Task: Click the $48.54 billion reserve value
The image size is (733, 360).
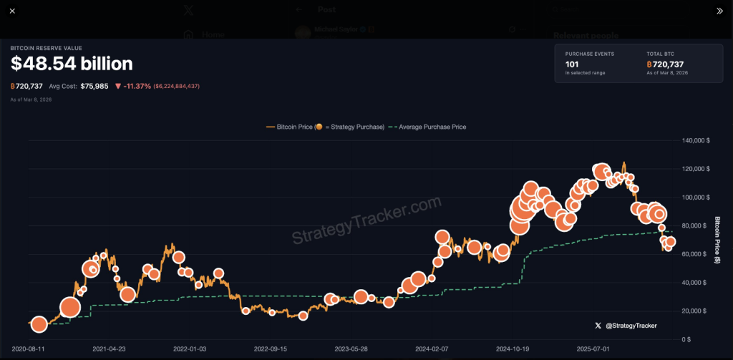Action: (x=72, y=64)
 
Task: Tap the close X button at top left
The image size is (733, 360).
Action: (x=12, y=11)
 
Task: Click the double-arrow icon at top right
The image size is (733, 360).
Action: (x=719, y=11)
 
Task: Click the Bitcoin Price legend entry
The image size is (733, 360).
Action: (x=326, y=127)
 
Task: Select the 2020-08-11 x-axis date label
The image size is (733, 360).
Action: (x=28, y=349)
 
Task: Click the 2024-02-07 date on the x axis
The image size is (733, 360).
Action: (x=432, y=349)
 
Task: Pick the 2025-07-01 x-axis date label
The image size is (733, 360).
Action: (x=594, y=349)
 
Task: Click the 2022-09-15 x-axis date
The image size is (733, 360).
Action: (x=271, y=349)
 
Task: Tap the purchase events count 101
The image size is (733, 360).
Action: (x=571, y=64)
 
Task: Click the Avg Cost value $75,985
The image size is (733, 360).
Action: (x=94, y=86)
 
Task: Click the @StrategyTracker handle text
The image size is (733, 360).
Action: (x=631, y=326)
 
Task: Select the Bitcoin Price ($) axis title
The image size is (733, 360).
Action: (x=717, y=240)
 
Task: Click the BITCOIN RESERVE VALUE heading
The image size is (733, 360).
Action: (x=46, y=48)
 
